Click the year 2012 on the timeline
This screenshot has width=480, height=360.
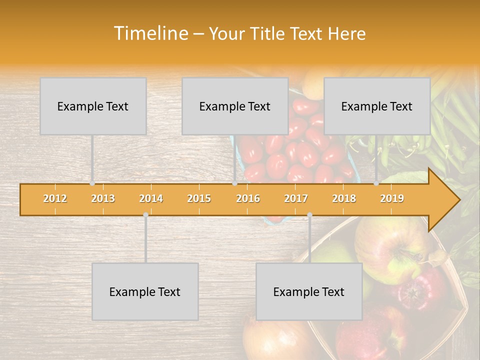pyautogui.click(x=55, y=198)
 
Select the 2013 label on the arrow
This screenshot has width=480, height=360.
pyautogui.click(x=103, y=198)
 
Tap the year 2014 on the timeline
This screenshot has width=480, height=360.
pyautogui.click(x=151, y=198)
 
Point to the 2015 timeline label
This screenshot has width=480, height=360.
pyautogui.click(x=199, y=198)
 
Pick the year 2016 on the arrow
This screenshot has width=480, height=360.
pyautogui.click(x=248, y=198)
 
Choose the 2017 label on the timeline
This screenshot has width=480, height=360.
pyautogui.click(x=296, y=198)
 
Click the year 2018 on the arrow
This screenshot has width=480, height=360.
pyautogui.click(x=344, y=198)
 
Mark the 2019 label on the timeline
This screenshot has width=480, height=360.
pyautogui.click(x=392, y=198)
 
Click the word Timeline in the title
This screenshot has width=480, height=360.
pyautogui.click(x=150, y=33)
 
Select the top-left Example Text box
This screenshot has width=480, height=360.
pyautogui.click(x=93, y=106)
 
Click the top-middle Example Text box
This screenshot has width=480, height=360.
pyautogui.click(x=235, y=106)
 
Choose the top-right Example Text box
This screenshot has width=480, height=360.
pyautogui.click(x=377, y=106)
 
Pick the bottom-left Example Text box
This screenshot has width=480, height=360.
pyautogui.click(x=145, y=291)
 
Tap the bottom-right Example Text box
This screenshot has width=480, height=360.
pyautogui.click(x=309, y=291)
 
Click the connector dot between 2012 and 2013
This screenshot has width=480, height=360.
pyautogui.click(x=92, y=183)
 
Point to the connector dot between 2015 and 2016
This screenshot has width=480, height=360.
pyautogui.click(x=234, y=183)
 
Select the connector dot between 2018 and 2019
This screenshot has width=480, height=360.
pyautogui.click(x=376, y=183)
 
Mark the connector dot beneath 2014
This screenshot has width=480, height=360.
pyautogui.click(x=145, y=215)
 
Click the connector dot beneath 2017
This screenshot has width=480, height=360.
pyautogui.click(x=309, y=215)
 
